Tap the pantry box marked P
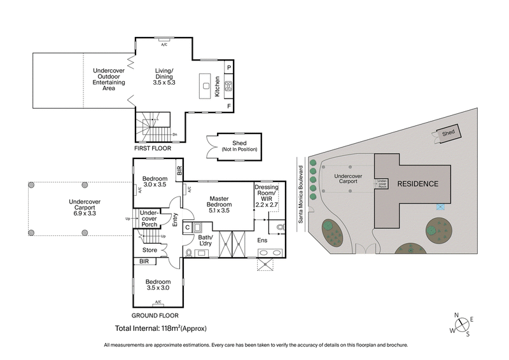click(x=228, y=67)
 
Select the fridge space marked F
click(x=228, y=106)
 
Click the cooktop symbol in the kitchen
click(x=228, y=87)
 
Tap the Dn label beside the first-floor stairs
click(x=174, y=134)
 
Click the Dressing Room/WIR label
click(x=267, y=195)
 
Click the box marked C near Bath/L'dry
click(x=187, y=226)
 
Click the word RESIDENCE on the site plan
click(x=417, y=184)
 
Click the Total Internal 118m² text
click(x=161, y=329)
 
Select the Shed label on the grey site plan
click(x=449, y=133)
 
